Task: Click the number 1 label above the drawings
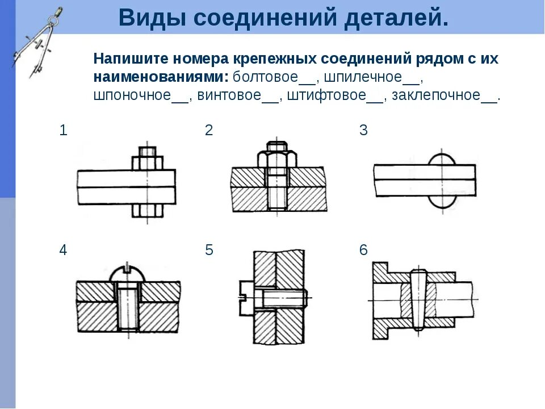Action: click(x=64, y=130)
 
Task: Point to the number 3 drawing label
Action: click(x=363, y=130)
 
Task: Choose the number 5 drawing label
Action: click(x=209, y=250)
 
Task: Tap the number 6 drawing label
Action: click(x=363, y=250)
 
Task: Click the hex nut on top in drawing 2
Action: click(x=275, y=157)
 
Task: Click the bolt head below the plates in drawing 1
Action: click(x=148, y=211)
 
